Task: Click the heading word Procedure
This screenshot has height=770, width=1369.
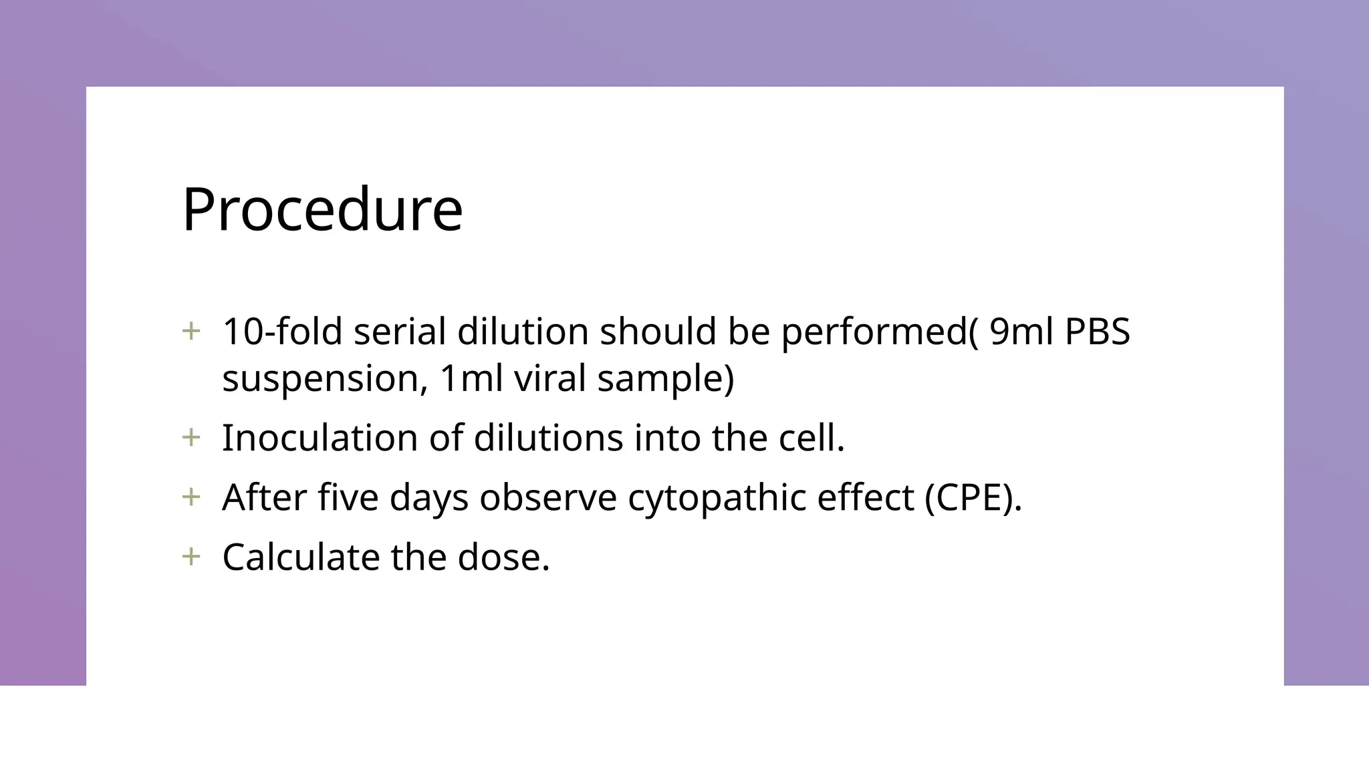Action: [x=322, y=210]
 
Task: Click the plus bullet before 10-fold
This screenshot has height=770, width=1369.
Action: [x=191, y=331]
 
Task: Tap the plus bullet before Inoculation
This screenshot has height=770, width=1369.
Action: [x=191, y=438]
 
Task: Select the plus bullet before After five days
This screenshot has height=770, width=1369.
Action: [x=191, y=497]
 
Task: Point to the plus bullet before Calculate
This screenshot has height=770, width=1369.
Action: [x=191, y=557]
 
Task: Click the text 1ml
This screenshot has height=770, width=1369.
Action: [x=471, y=378]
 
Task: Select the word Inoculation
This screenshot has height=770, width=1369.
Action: [x=320, y=438]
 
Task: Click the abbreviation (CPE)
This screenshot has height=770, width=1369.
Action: [x=973, y=498]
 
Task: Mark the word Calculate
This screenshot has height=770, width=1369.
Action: [x=301, y=557]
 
